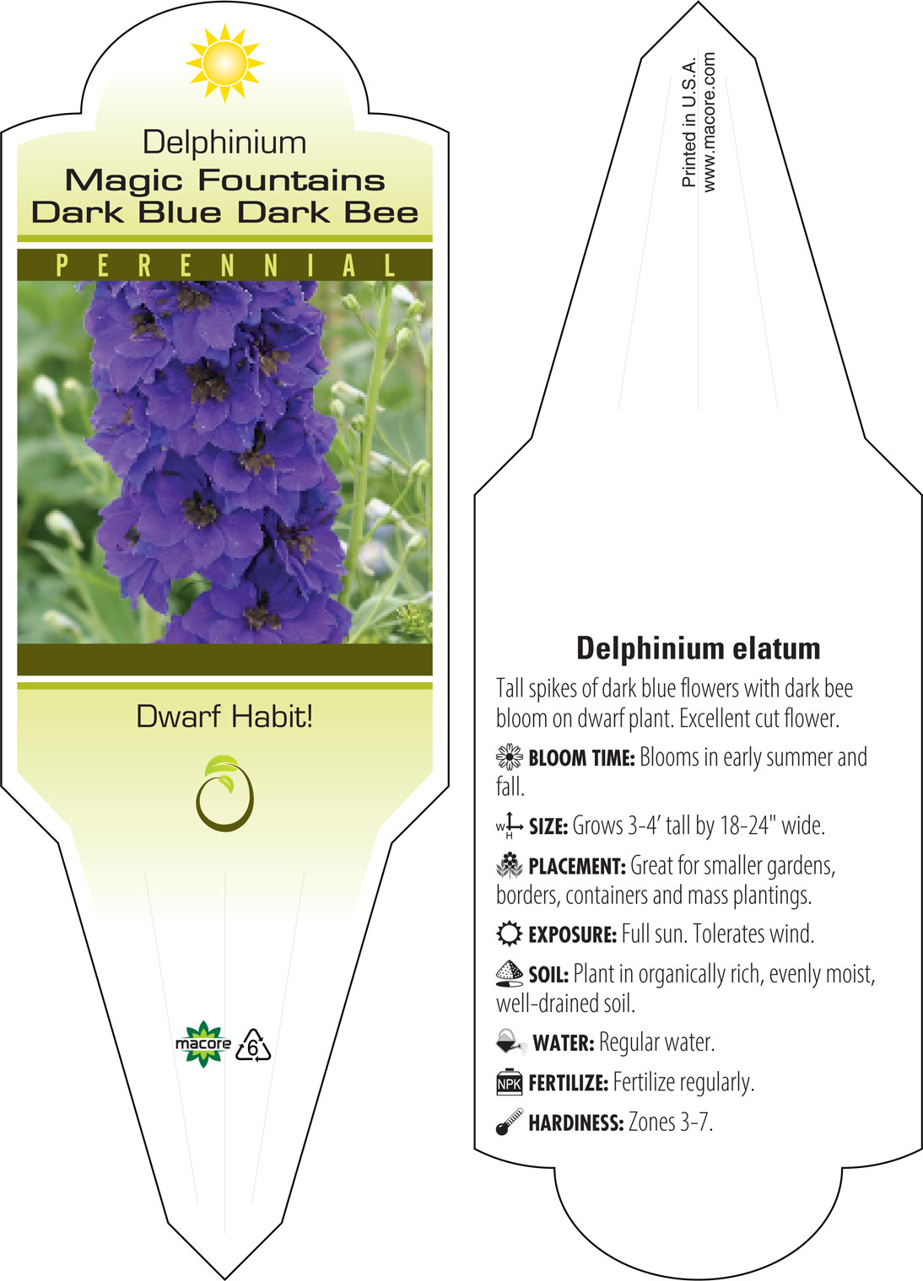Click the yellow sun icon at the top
pyautogui.click(x=224, y=63)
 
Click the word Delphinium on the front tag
pyautogui.click(x=224, y=143)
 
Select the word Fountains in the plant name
pyautogui.click(x=292, y=180)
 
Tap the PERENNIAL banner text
pyautogui.click(x=225, y=266)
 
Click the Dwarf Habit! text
pyautogui.click(x=224, y=716)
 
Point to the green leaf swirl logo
pyautogui.click(x=224, y=794)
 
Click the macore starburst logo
pyautogui.click(x=202, y=1044)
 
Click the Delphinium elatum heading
pyautogui.click(x=698, y=649)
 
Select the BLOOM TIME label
pyautogui.click(x=581, y=758)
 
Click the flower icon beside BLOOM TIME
pyautogui.click(x=510, y=757)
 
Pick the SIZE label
pyautogui.click(x=548, y=826)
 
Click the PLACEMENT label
pyautogui.click(x=577, y=866)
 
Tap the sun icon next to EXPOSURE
pyautogui.click(x=510, y=934)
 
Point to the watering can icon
pyautogui.click(x=511, y=1041)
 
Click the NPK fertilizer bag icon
pyautogui.click(x=510, y=1082)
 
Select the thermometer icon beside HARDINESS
pyautogui.click(x=510, y=1122)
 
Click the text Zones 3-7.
pyautogui.click(x=671, y=1122)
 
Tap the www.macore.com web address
pyautogui.click(x=709, y=121)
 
